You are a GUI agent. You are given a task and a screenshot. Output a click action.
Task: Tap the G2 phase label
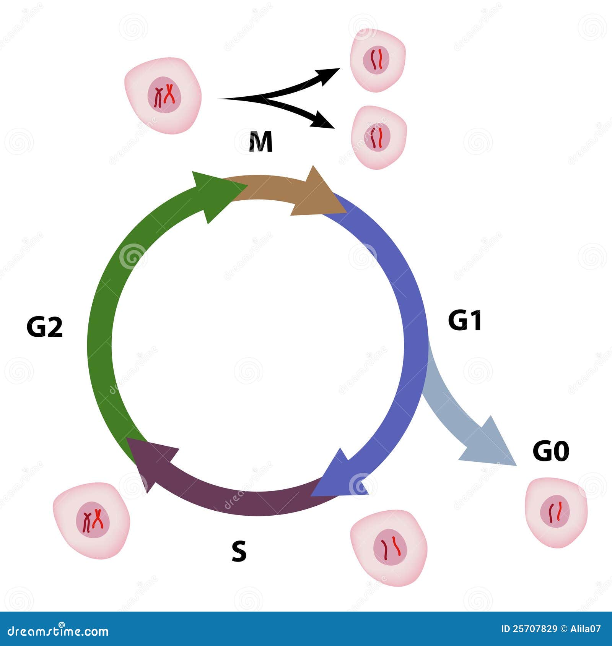pos(44,327)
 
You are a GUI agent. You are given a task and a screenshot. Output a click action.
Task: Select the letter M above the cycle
pos(260,142)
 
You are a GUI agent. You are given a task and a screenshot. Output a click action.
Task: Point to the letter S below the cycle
pos(239,551)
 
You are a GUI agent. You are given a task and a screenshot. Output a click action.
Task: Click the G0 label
pos(551,451)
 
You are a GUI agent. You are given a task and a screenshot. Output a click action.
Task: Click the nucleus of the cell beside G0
pos(555,511)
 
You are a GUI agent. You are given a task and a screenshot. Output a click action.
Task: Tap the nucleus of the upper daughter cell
pos(376,60)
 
